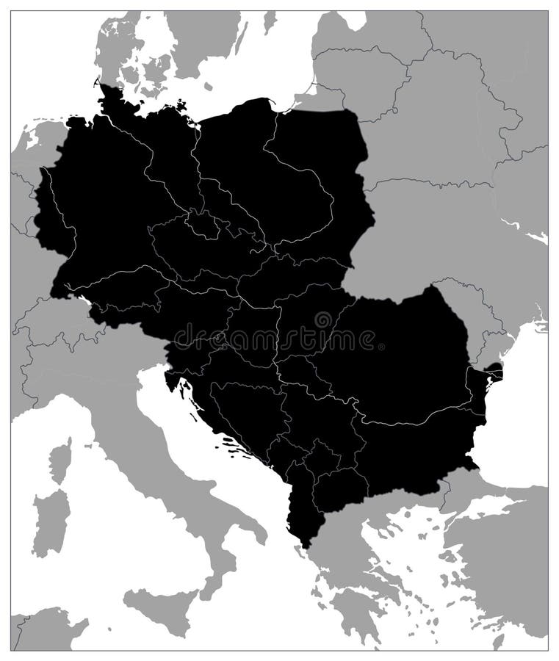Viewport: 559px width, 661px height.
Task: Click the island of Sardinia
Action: tap(50, 522)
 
